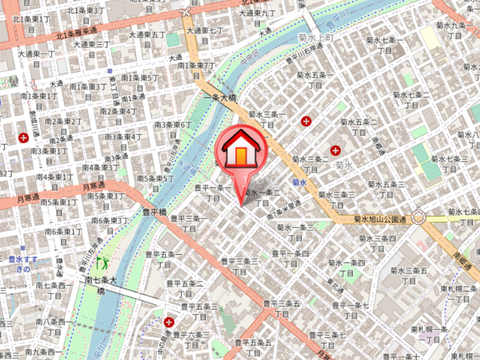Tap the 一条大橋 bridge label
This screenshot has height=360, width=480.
220,97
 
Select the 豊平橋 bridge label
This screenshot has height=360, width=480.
154,211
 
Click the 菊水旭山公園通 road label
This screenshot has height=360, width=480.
380,220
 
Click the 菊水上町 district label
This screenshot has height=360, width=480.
315,38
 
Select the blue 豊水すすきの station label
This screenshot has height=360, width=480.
22,265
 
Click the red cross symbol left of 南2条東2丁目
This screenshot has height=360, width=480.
24,138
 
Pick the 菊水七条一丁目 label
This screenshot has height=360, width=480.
384,46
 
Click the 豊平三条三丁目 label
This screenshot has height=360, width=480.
239,266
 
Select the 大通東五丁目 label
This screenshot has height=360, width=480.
150,40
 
